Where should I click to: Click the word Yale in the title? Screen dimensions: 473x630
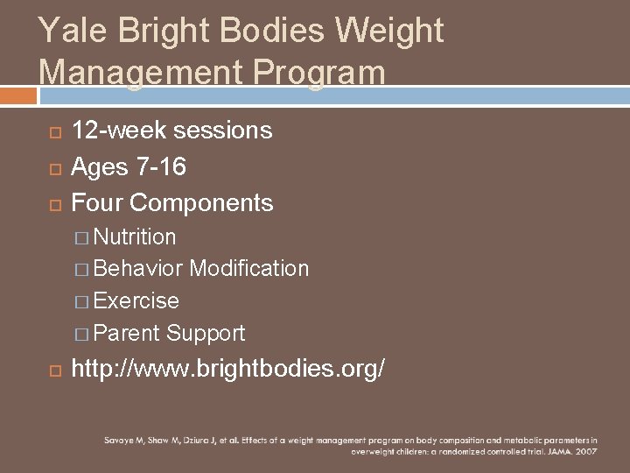pos(68,32)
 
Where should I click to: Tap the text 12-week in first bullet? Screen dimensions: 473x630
pos(118,131)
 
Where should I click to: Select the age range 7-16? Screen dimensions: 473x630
pos(157,166)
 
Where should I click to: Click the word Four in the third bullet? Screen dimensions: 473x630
pos(97,203)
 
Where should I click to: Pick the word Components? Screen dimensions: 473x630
pos(201,203)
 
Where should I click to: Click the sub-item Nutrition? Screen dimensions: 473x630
pos(135,236)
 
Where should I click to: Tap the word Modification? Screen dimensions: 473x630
pos(249,268)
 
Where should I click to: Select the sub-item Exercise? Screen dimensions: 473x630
pos(136,300)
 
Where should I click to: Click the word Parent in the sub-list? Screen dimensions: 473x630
pos(126,333)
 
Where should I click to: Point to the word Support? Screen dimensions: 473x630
pos(206,333)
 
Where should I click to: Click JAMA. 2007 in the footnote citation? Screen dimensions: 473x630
pos(576,452)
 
